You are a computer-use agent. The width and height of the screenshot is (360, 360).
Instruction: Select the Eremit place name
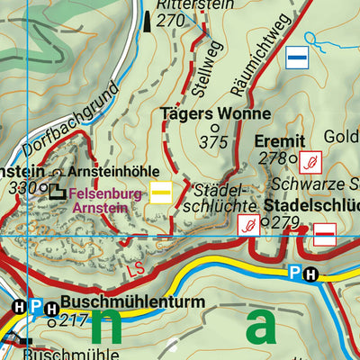click(x=280, y=140)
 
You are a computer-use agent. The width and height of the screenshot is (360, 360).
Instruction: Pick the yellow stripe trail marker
click(x=162, y=193)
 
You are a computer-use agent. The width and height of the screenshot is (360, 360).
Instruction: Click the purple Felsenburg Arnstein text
click(x=103, y=199)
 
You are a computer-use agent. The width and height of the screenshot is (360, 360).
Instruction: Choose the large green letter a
click(x=262, y=328)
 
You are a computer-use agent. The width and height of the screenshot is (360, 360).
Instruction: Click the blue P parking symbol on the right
click(x=293, y=274)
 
